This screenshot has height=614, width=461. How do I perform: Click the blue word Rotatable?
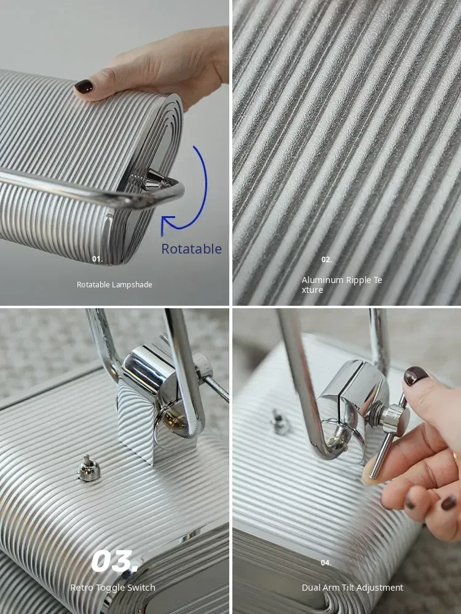(191, 249)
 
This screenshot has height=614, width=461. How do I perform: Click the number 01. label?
(97, 259)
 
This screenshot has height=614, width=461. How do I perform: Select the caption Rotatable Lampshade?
(114, 285)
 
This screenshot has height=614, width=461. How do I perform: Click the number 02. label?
(326, 259)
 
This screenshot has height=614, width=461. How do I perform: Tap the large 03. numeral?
(114, 561)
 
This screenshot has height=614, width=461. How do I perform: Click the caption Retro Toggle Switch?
(113, 588)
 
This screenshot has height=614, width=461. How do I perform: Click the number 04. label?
(326, 562)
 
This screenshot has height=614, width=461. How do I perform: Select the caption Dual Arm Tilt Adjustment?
(352, 588)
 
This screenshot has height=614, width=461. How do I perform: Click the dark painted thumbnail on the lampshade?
(84, 86)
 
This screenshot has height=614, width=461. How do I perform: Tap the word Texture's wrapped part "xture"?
(312, 290)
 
